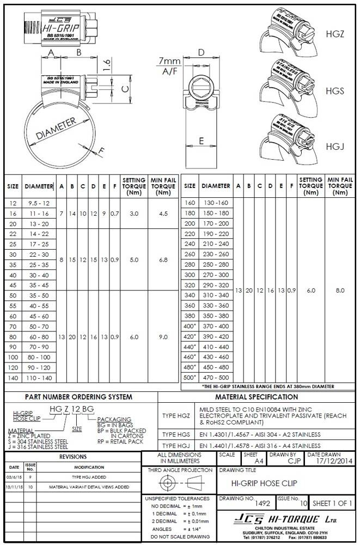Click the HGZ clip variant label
coord(338,34)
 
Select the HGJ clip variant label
coord(335,147)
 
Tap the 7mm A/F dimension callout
coord(169,66)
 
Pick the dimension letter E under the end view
coord(201,141)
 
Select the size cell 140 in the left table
coord(13,378)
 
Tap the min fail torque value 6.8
coord(163,260)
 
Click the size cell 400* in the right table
coord(190,326)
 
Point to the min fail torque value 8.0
coord(340,291)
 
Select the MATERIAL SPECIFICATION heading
coord(257,397)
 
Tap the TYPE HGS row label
coord(176,434)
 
